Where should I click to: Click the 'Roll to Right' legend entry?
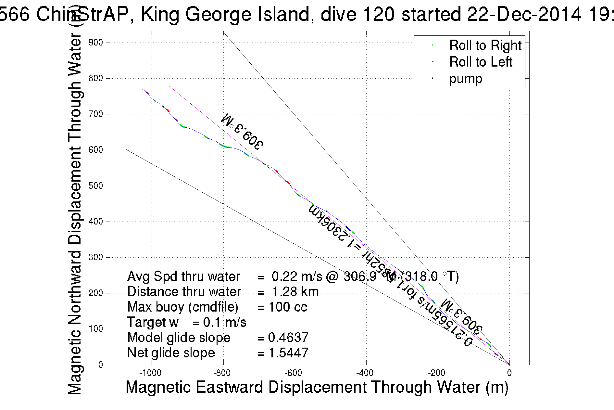pyautogui.click(x=485, y=45)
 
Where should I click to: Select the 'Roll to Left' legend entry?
pyautogui.click(x=481, y=62)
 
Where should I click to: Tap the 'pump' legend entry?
pyautogui.click(x=466, y=79)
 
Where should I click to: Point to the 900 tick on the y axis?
pyautogui.click(x=96, y=43)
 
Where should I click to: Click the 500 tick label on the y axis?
pyautogui.click(x=96, y=186)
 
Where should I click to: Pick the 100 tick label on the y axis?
pyautogui.click(x=96, y=329)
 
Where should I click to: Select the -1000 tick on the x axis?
pyautogui.click(x=152, y=373)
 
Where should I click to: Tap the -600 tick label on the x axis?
pyautogui.click(x=295, y=373)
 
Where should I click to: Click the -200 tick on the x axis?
pyautogui.click(x=438, y=373)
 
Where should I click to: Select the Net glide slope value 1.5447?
pyautogui.click(x=288, y=353)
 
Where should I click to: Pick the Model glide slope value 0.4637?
pyautogui.click(x=288, y=338)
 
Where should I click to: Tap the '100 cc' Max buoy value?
pyautogui.click(x=288, y=307)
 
